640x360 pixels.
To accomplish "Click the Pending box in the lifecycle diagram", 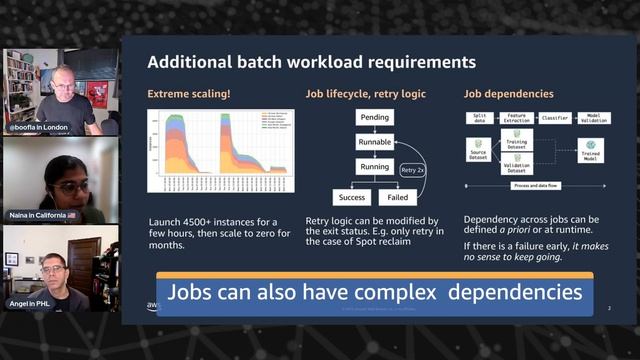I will pos(374,117).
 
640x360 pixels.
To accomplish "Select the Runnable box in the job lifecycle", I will pos(374,142).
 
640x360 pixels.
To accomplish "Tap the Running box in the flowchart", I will pos(374,167).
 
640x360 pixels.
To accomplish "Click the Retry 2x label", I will pos(411,169).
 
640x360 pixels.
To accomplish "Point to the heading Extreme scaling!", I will pos(190,95).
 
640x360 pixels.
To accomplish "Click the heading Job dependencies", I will pos(508,95).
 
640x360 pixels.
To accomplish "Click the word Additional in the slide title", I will pos(190,62).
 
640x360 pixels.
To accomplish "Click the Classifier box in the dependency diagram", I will pos(555,118).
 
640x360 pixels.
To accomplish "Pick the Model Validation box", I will pos(592,118).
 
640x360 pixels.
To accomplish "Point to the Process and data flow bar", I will pos(535,186).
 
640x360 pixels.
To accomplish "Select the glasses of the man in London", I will pos(61,88).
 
